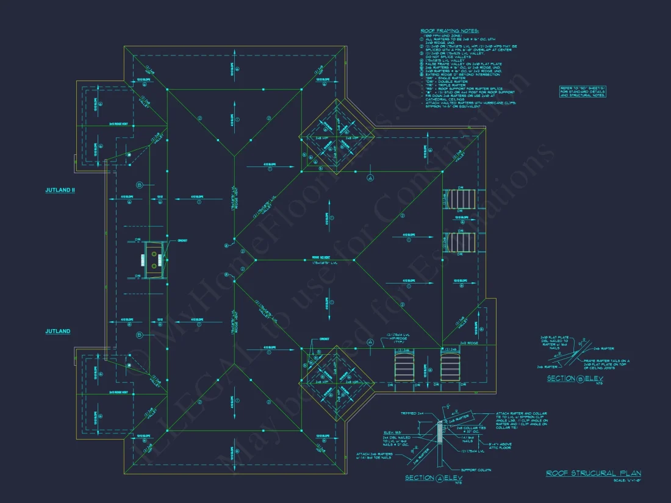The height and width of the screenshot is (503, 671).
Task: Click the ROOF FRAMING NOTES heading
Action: (x=450, y=30)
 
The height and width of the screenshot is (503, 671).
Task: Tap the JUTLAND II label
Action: (x=60, y=190)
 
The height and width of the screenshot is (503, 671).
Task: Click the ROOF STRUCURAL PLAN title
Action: (x=593, y=473)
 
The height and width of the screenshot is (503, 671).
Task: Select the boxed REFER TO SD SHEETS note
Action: (x=582, y=91)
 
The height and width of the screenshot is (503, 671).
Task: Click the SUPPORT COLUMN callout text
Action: (x=476, y=470)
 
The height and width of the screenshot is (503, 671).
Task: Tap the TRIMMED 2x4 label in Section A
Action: (x=413, y=413)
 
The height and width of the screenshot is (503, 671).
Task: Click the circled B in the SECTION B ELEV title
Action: (x=581, y=379)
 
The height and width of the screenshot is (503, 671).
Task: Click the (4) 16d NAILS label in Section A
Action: (x=467, y=440)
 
